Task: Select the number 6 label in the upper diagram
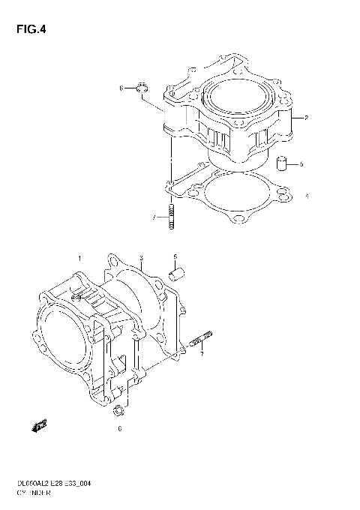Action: (x=120, y=88)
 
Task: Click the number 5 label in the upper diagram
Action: (x=301, y=163)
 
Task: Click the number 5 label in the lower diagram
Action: (x=175, y=256)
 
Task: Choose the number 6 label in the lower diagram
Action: (x=118, y=429)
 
